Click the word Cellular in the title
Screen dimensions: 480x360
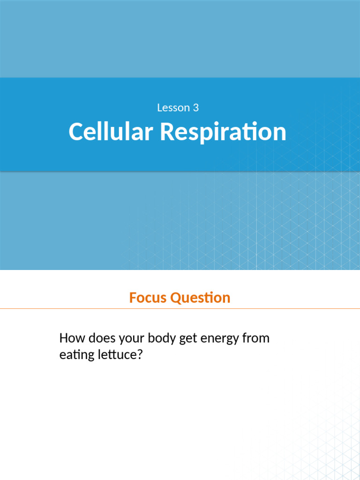tap(111, 132)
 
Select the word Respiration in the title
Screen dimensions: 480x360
tap(223, 132)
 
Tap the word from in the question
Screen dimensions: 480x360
tap(255, 338)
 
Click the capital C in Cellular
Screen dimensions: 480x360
tap(76, 132)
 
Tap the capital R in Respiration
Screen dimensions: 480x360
tap(167, 132)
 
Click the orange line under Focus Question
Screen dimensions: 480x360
tap(180, 309)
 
